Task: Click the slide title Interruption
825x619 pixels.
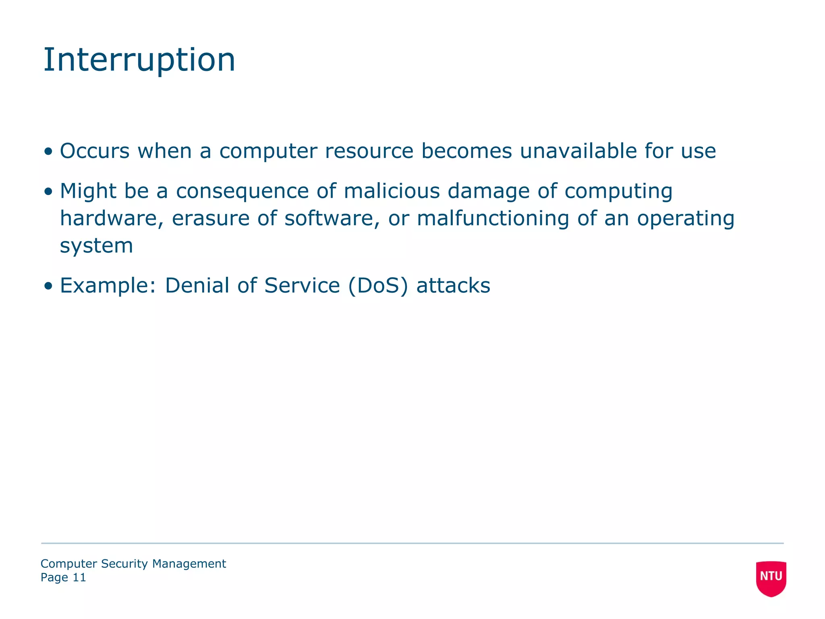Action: (x=139, y=60)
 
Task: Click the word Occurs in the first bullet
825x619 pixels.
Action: (x=95, y=151)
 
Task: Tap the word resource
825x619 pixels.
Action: (x=369, y=151)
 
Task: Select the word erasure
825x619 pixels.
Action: (x=211, y=218)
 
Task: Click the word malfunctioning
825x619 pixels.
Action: (x=493, y=218)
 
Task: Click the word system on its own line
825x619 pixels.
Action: (x=96, y=246)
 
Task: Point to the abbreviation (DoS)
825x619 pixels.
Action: (x=377, y=286)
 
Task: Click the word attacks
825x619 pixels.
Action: (x=453, y=286)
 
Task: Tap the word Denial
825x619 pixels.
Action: (x=197, y=286)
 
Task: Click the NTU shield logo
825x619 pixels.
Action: (x=771, y=578)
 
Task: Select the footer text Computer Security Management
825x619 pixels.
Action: (x=133, y=564)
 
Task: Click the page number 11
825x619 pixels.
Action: (x=79, y=577)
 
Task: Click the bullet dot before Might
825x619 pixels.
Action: (x=49, y=192)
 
